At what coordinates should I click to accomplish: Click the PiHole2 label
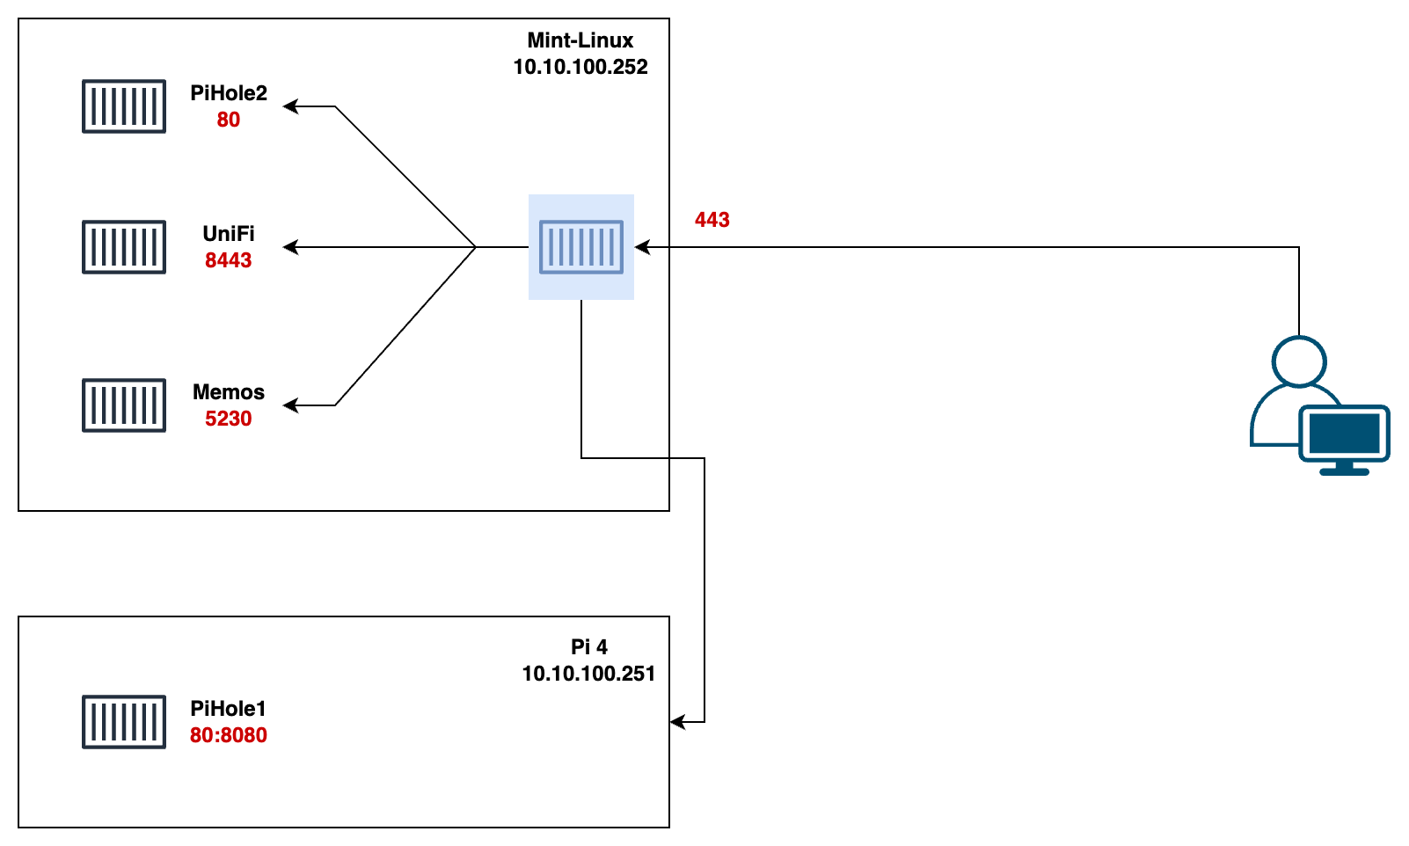pyautogui.click(x=229, y=93)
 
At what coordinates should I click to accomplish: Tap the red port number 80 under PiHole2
pyautogui.click(x=229, y=120)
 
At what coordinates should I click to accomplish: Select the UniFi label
pyautogui.click(x=229, y=234)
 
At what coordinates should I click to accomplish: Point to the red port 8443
pyautogui.click(x=229, y=260)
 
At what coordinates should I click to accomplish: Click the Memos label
pyautogui.click(x=229, y=392)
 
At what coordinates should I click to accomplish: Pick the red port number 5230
pyautogui.click(x=229, y=419)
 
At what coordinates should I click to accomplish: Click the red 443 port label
pyautogui.click(x=712, y=220)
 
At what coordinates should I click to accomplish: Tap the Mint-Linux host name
pyautogui.click(x=580, y=40)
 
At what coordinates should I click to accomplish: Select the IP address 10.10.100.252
pyautogui.click(x=580, y=67)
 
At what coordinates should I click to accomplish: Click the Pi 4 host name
pyautogui.click(x=589, y=647)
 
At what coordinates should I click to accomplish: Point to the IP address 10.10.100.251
pyautogui.click(x=589, y=674)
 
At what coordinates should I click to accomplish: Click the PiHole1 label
pyautogui.click(x=229, y=709)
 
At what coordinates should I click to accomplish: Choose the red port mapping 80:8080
pyautogui.click(x=229, y=735)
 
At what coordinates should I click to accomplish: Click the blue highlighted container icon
pyautogui.click(x=581, y=247)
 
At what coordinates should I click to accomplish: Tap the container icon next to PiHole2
pyautogui.click(x=124, y=106)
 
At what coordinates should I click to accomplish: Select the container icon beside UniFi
pyautogui.click(x=124, y=247)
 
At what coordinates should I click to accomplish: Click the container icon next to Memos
pyautogui.click(x=124, y=405)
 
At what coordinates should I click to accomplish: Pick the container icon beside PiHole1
pyautogui.click(x=124, y=722)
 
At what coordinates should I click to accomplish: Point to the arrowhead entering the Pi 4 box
pyautogui.click(x=675, y=722)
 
